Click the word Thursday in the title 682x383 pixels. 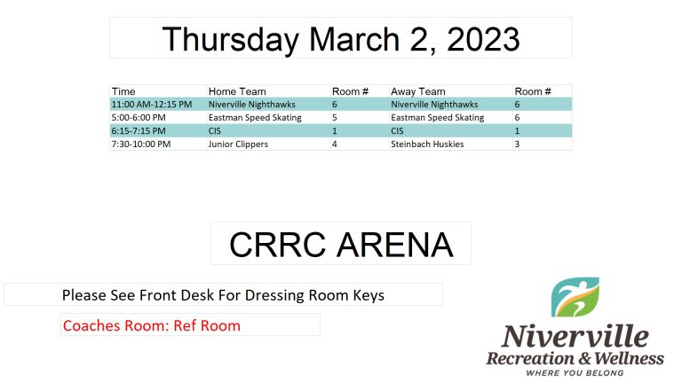pos(231,40)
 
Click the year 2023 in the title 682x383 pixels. pos(483,39)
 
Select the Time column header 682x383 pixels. pos(123,91)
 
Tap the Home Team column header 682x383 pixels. pos(237,91)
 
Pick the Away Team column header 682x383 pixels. pos(418,91)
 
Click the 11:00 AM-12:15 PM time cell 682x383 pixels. pos(152,105)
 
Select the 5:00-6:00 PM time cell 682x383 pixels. pos(139,118)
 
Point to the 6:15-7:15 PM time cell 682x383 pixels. pos(139,131)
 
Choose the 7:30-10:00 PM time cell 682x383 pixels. pos(141,145)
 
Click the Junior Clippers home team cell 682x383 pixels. pos(238,145)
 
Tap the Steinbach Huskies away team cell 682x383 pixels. pos(427,145)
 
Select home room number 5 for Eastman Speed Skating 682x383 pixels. pos(335,118)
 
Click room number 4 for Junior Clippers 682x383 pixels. pos(335,145)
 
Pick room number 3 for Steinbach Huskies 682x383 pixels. pos(517,145)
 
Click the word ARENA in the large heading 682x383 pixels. pos(395,245)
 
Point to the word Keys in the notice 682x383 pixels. pos(369,296)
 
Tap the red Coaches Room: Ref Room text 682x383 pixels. pos(152,325)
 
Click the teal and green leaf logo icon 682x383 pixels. pos(575,297)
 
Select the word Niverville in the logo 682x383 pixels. pos(575,337)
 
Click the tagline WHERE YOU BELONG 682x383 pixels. pos(575,373)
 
